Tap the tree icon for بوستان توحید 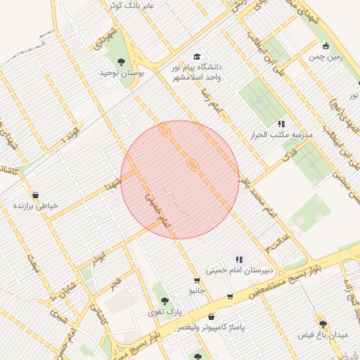click(x=122, y=62)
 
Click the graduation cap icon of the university click(x=196, y=57)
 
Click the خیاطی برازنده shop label click(x=36, y=205)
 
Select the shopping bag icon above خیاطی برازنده click(x=36, y=195)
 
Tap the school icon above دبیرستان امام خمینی click(x=239, y=259)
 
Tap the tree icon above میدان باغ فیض click(x=322, y=324)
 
